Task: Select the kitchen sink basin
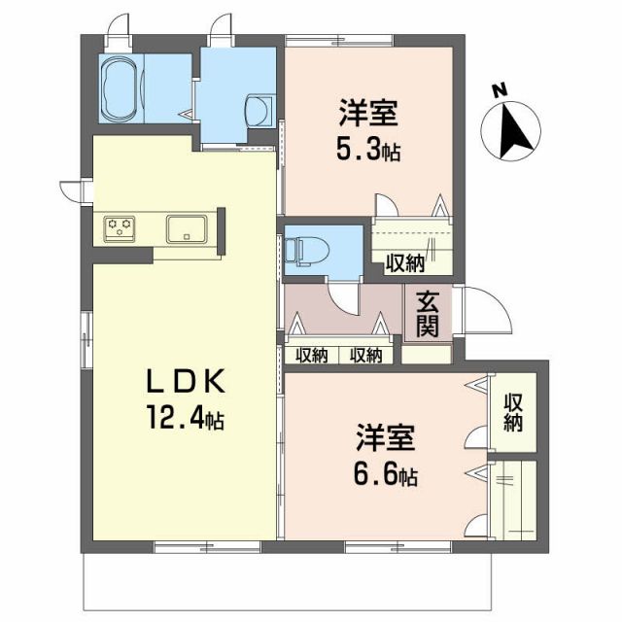tap(185, 229)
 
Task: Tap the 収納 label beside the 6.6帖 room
tap(513, 412)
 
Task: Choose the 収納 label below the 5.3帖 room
tap(404, 261)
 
